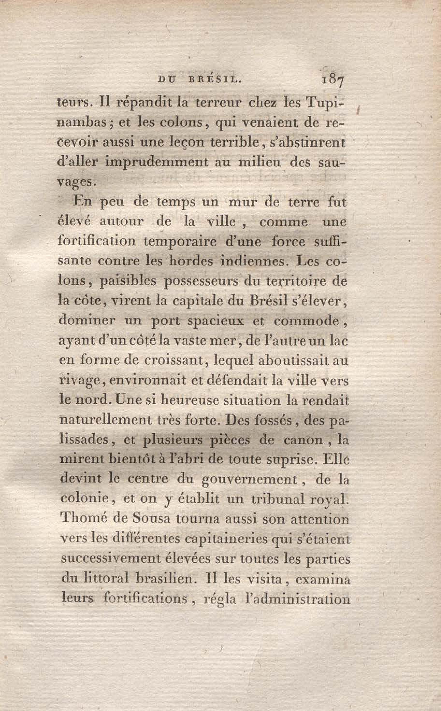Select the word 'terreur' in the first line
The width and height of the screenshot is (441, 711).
click(x=214, y=103)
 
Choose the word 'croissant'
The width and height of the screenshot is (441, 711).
click(x=173, y=361)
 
